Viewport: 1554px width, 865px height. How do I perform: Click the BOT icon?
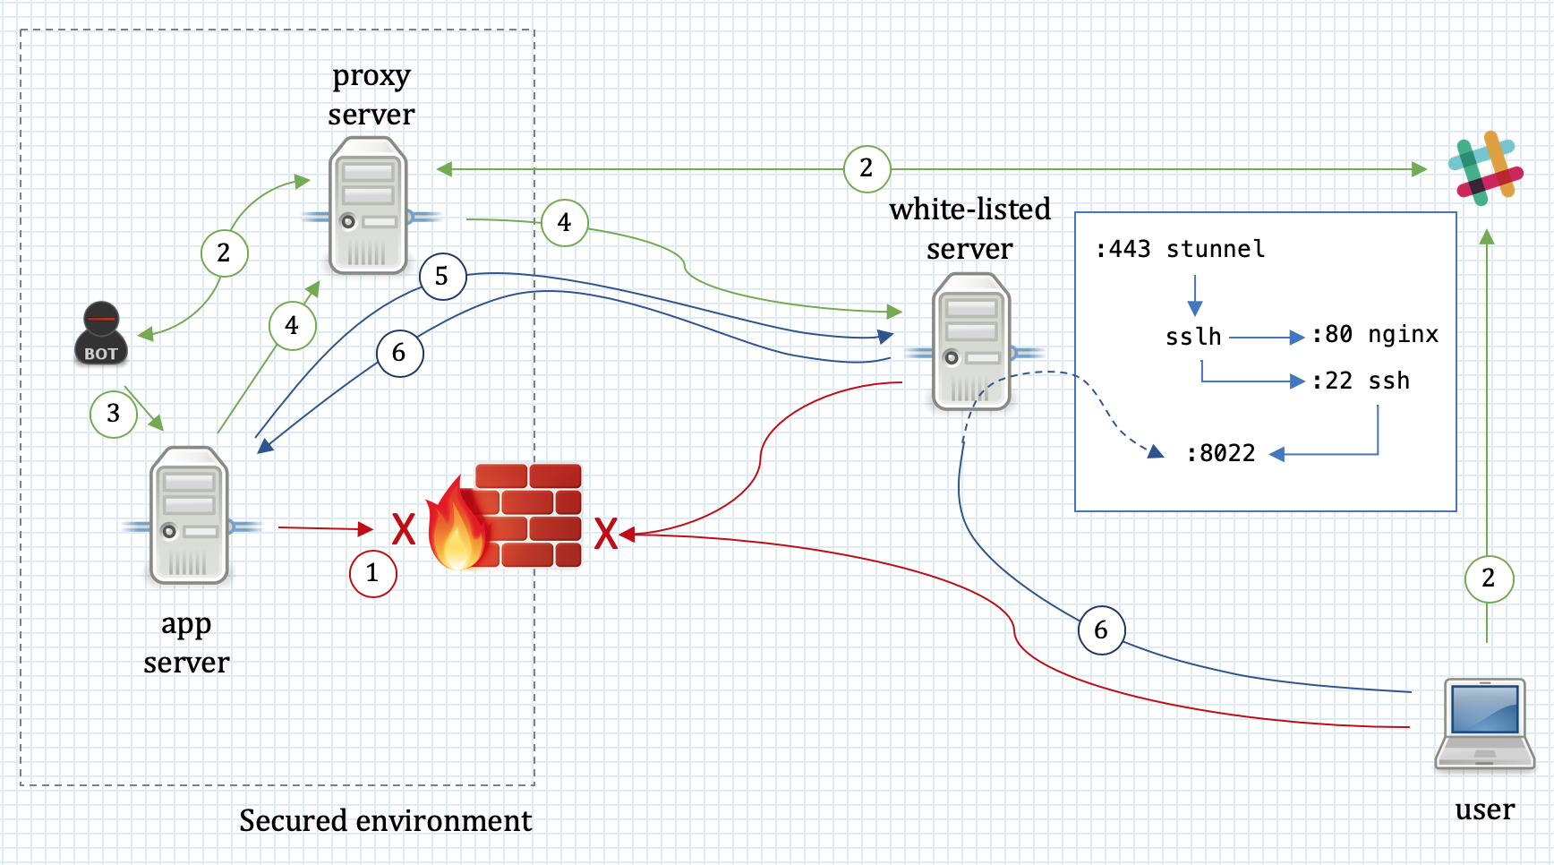100,334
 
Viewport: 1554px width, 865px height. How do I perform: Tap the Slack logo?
1485,168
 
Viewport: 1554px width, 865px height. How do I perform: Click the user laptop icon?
1484,724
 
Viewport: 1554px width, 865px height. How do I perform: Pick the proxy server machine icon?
369,206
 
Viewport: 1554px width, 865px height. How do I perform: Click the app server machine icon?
190,516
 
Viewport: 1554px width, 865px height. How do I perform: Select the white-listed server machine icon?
971,342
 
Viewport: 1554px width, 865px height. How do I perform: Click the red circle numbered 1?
372,573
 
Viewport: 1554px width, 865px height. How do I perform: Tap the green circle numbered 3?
114,414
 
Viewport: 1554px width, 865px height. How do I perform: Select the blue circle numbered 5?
442,277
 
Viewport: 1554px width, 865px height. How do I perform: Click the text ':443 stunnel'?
1180,249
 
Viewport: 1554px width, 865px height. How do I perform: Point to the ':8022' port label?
1221,453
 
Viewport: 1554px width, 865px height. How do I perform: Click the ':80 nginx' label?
1375,335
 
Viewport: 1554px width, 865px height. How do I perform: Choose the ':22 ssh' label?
1361,381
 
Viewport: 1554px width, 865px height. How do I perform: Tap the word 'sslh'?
1193,337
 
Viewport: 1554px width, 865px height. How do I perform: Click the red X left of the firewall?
404,529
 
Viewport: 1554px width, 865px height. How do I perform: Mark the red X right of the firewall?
606,534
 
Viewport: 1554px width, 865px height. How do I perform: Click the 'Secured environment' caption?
385,820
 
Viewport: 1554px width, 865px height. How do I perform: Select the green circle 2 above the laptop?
1488,578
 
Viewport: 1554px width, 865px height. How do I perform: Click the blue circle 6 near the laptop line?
1101,630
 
